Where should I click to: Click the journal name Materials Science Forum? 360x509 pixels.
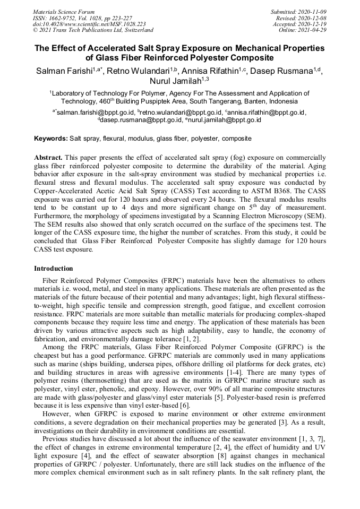tap(64, 12)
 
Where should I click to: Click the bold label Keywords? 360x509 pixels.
tap(51, 139)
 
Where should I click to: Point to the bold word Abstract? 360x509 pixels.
tap(48, 158)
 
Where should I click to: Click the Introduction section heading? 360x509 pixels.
tap(54, 269)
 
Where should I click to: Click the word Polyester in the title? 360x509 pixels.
tap(193, 57)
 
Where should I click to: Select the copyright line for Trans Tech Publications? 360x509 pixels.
tap(93, 30)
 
